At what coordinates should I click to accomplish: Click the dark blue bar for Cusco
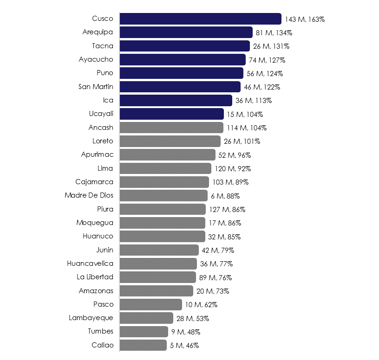[x=200, y=19]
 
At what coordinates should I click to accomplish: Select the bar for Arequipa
[x=186, y=32]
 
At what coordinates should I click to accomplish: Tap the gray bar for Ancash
[x=171, y=128]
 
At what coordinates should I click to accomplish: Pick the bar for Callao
[x=143, y=345]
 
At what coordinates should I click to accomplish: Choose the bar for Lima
[x=165, y=168]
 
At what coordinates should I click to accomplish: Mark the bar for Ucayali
[x=171, y=114]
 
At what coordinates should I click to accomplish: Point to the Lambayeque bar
[x=146, y=318]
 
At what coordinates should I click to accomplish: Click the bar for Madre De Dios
[x=163, y=195]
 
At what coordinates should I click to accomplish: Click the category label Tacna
[x=103, y=46]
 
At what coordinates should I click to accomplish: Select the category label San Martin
[x=96, y=87]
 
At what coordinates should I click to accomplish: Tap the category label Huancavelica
[x=90, y=264]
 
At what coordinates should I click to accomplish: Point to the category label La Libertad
[x=95, y=277]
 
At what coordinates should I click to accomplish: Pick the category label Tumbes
[x=100, y=331]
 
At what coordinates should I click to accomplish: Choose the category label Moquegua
[x=95, y=223]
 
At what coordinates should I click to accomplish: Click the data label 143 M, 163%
[x=305, y=19]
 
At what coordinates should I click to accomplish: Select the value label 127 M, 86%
[x=227, y=209]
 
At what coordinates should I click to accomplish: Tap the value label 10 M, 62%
[x=201, y=305]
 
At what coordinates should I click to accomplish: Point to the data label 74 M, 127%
[x=267, y=60]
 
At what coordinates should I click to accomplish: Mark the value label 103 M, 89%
[x=230, y=182]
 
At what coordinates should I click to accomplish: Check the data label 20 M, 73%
[x=212, y=291]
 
